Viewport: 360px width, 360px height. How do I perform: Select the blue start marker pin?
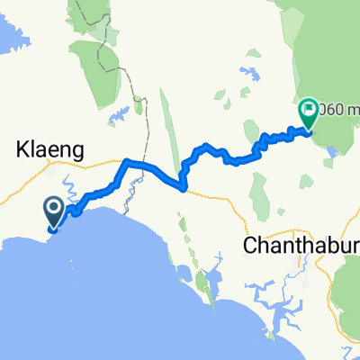pos(53,213)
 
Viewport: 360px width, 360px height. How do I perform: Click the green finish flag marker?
pos(308,112)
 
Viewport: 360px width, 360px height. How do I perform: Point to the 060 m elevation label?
pos(339,112)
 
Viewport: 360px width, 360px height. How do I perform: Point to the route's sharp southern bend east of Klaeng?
pos(184,188)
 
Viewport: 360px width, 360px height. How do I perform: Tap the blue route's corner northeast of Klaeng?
pos(126,162)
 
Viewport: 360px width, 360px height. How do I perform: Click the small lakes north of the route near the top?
pos(245,70)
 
